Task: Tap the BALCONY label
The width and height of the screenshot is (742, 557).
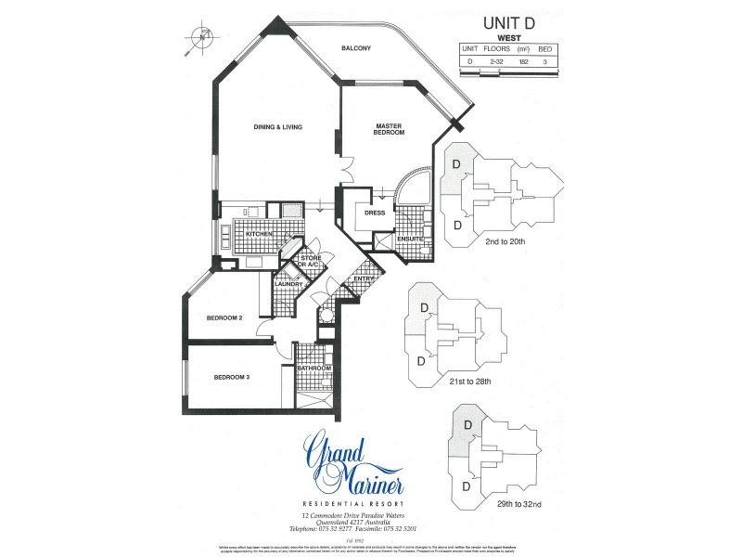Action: [356, 47]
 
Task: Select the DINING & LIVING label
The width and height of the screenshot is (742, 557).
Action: [279, 127]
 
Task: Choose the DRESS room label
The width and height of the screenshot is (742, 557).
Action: [375, 212]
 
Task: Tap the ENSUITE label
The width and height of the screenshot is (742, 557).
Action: [410, 240]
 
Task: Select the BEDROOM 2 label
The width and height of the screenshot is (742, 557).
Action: [224, 318]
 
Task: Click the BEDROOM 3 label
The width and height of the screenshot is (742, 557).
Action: [232, 377]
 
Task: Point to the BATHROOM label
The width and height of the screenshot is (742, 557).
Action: [314, 369]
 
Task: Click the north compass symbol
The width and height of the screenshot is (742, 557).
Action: [200, 37]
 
